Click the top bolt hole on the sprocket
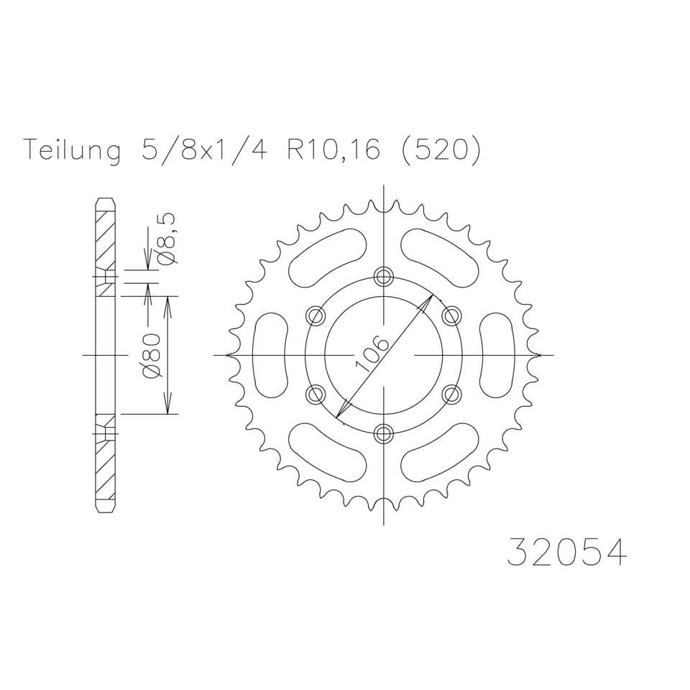385,276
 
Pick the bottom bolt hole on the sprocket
385,433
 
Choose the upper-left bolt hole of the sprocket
316,316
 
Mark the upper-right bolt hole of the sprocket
452,315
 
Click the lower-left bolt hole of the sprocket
316,394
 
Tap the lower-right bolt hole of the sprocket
452,393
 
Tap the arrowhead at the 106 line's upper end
429,298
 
